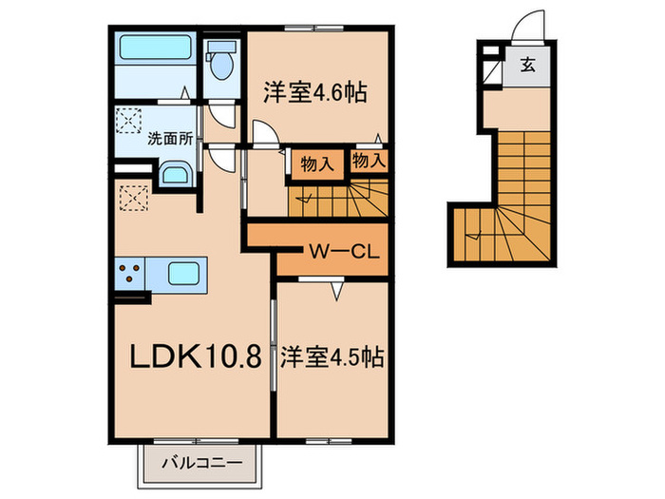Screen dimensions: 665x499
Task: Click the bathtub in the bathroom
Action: pyautogui.click(x=155, y=48)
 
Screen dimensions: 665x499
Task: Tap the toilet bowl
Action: pyautogui.click(x=222, y=65)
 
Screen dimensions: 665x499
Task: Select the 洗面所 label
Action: pyautogui.click(x=170, y=139)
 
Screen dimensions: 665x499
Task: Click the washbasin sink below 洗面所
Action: pyautogui.click(x=177, y=174)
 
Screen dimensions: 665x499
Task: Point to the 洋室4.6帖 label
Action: pyautogui.click(x=315, y=92)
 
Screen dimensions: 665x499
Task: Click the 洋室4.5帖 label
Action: pyautogui.click(x=332, y=357)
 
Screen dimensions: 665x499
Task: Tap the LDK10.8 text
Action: pyautogui.click(x=195, y=355)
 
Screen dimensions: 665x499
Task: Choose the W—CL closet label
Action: pyautogui.click(x=344, y=253)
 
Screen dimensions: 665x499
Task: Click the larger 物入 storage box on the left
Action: pyautogui.click(x=316, y=163)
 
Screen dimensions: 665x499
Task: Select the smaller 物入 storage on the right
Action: pyautogui.click(x=369, y=161)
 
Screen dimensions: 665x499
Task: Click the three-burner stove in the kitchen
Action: pyautogui.click(x=129, y=274)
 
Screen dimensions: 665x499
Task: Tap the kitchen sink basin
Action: pyautogui.click(x=183, y=274)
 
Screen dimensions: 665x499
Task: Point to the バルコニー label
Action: pyautogui.click(x=201, y=463)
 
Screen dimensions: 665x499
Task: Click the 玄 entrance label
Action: pyautogui.click(x=527, y=66)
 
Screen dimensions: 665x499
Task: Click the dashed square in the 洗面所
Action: pyautogui.click(x=129, y=121)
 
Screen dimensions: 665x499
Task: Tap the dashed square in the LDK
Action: pyautogui.click(x=134, y=198)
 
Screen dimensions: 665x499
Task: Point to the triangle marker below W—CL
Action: pyautogui.click(x=337, y=291)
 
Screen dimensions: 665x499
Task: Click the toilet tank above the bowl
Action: pyautogui.click(x=220, y=47)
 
